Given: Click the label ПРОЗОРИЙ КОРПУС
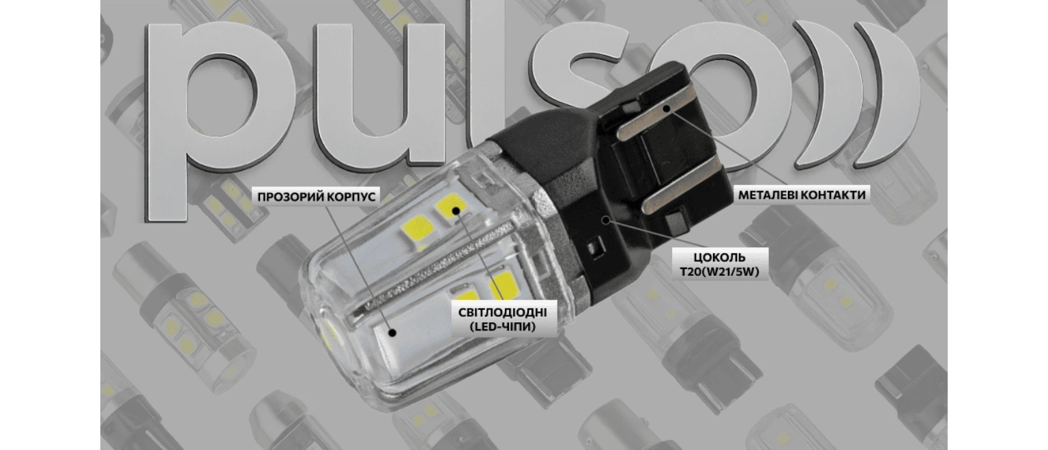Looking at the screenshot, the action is click(x=317, y=196).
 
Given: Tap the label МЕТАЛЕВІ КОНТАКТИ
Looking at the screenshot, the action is click(x=802, y=195).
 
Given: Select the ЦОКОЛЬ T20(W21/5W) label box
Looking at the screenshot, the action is click(x=720, y=264).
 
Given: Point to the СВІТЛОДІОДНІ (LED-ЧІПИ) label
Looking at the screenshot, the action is click(x=502, y=319).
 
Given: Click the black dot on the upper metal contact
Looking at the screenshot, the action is click(x=666, y=109).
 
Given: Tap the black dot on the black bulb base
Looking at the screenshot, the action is click(x=607, y=220).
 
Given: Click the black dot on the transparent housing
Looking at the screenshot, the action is click(x=392, y=333).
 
